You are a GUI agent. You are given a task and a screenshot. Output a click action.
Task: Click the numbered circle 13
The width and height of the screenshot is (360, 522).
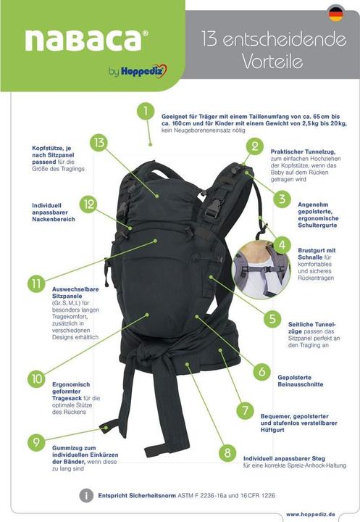99,142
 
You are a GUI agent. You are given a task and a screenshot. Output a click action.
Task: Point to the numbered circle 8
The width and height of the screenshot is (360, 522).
227,452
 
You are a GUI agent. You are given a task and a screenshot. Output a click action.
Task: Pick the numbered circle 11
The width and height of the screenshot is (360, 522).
37,283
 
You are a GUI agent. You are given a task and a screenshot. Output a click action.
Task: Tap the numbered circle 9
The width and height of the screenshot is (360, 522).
37,442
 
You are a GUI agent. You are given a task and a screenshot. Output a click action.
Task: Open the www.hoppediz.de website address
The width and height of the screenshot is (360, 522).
315,513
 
